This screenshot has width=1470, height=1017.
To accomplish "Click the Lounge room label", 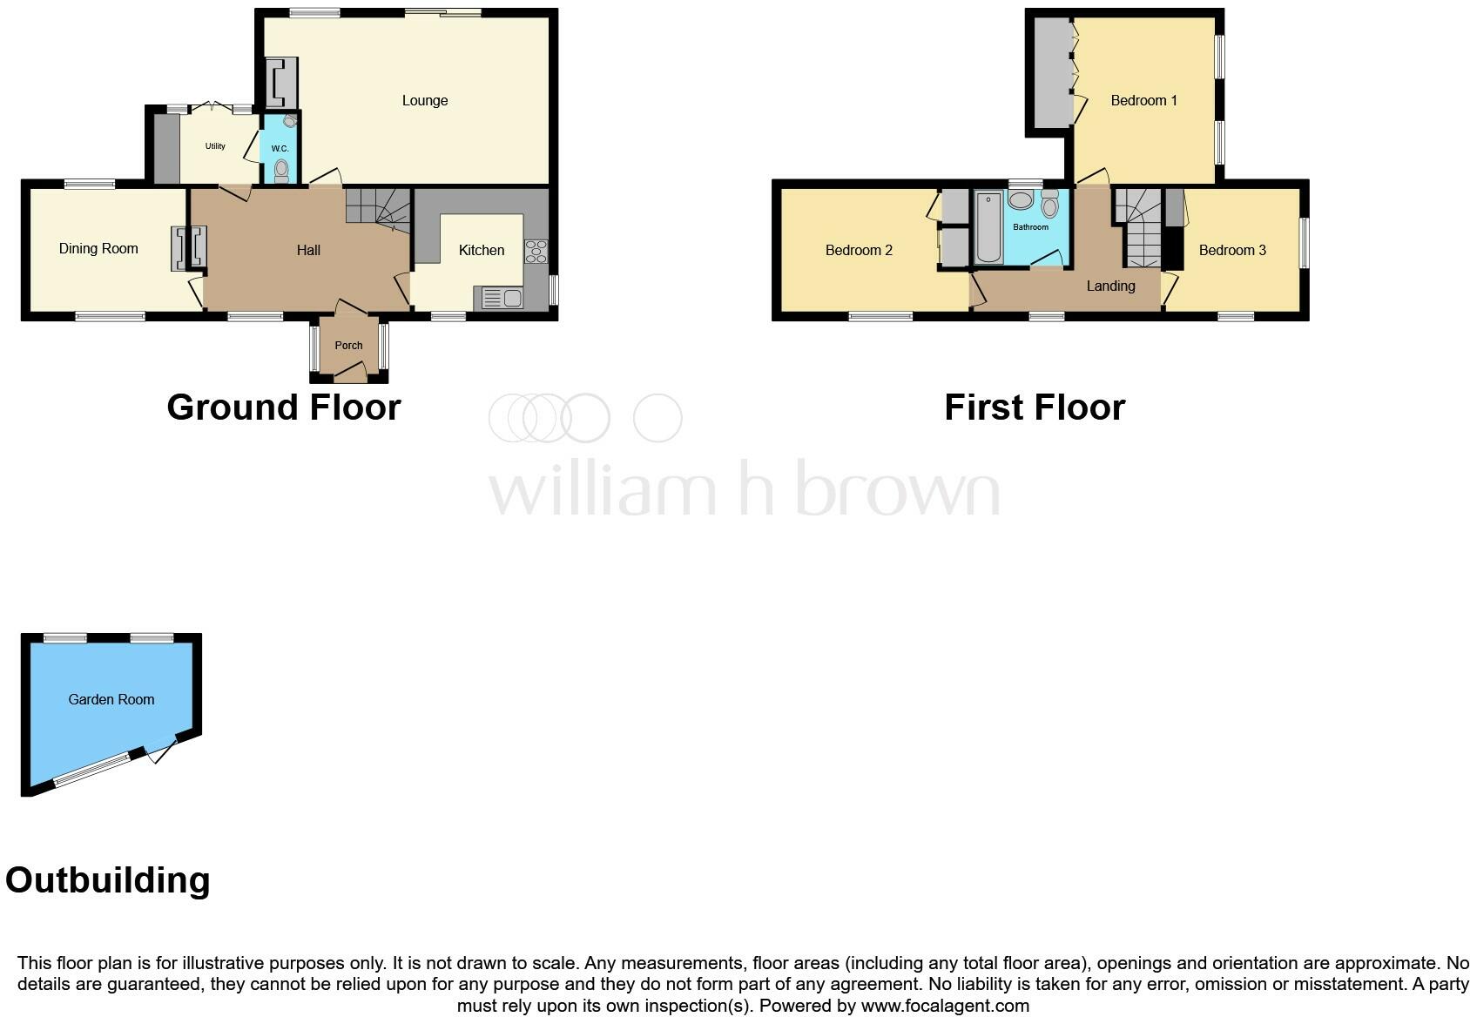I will click(425, 101).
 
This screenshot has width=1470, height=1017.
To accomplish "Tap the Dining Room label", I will click(98, 249).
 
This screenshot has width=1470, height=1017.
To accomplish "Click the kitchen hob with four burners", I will click(536, 251).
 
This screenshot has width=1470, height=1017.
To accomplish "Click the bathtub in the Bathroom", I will click(988, 227).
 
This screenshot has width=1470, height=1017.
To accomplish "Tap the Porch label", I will click(348, 346).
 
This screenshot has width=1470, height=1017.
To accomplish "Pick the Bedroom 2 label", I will click(859, 251).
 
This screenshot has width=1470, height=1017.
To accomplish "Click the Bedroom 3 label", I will click(1232, 251).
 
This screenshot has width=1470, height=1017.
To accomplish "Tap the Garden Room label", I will click(111, 699).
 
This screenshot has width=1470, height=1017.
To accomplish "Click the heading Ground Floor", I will click(284, 407).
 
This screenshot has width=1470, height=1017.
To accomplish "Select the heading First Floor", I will click(1035, 407).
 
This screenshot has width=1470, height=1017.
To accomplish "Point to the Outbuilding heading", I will click(108, 880).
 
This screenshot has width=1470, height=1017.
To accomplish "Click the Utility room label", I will click(215, 146).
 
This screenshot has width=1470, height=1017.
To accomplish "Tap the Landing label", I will click(1110, 286).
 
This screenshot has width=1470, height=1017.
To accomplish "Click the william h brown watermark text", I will click(744, 489).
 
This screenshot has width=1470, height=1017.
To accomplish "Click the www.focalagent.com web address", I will click(945, 1007).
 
